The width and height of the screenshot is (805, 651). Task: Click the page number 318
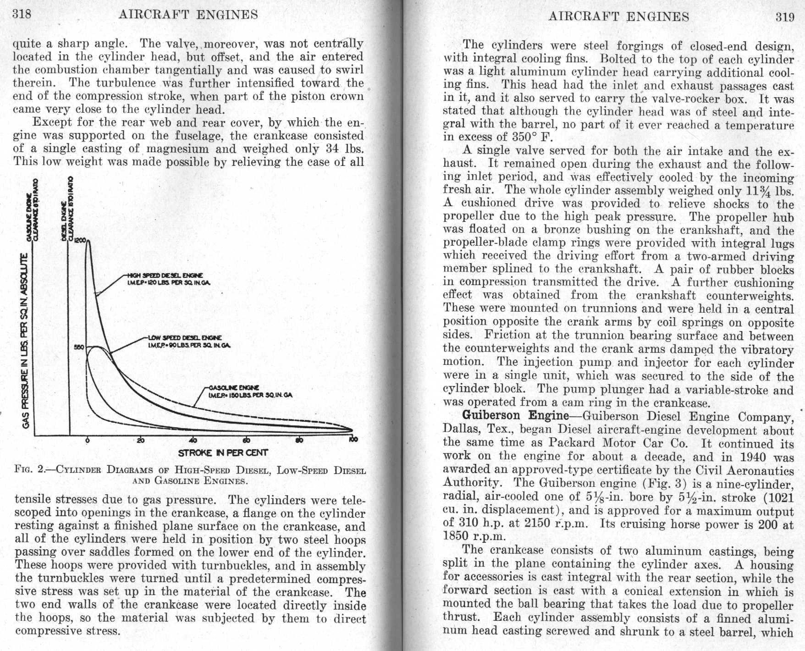(x=22, y=14)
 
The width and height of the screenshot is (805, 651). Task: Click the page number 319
(x=784, y=17)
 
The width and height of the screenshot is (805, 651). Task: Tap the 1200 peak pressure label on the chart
(x=80, y=240)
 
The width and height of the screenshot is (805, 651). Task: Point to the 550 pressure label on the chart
(x=79, y=347)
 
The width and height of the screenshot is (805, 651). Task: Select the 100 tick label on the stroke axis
(x=353, y=440)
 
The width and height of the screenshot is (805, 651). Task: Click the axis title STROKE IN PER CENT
(x=223, y=453)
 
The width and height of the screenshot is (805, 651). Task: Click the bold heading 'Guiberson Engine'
(x=515, y=416)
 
